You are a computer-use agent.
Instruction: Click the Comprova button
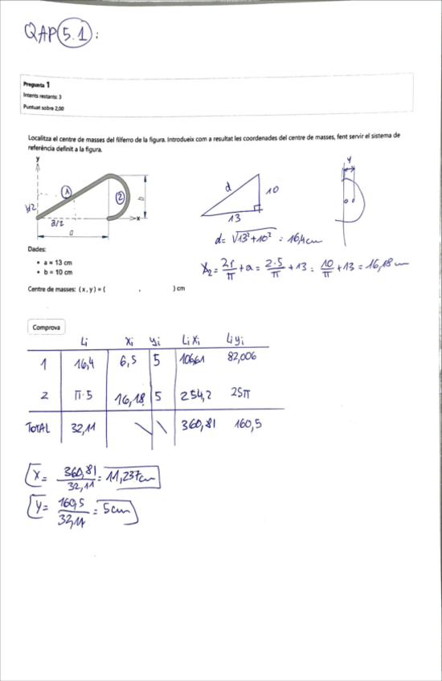46,328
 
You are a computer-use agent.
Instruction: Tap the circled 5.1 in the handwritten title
76,34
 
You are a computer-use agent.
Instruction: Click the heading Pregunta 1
37,84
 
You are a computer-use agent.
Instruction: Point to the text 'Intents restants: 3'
43,96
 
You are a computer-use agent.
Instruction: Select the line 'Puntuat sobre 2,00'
44,107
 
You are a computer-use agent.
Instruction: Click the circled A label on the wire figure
68,191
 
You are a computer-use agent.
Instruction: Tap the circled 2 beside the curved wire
120,197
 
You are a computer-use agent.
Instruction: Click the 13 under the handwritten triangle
234,219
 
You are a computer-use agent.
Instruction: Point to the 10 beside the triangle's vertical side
272,191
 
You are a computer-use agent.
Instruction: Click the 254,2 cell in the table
197,395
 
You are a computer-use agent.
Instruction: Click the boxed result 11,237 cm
133,479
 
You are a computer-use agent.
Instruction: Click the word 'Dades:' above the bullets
36,250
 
